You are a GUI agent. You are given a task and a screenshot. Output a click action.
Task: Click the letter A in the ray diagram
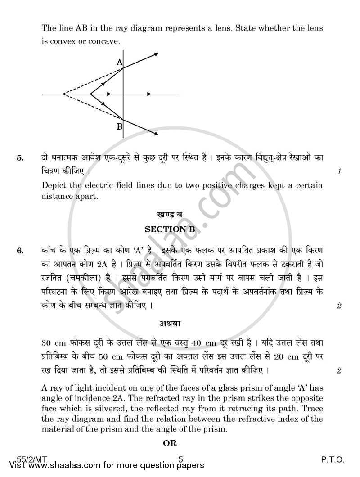click(120, 63)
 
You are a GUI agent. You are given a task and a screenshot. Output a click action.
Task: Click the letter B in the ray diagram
click(119, 127)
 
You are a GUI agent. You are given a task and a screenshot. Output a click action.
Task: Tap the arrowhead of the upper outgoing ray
click(156, 54)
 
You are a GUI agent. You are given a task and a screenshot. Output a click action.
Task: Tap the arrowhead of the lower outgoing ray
click(156, 134)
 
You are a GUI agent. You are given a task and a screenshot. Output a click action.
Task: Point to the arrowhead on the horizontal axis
click(110, 94)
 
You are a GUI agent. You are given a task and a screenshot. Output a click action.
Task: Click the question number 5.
click(19, 158)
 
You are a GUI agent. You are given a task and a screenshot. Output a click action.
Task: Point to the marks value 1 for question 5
click(339, 171)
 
